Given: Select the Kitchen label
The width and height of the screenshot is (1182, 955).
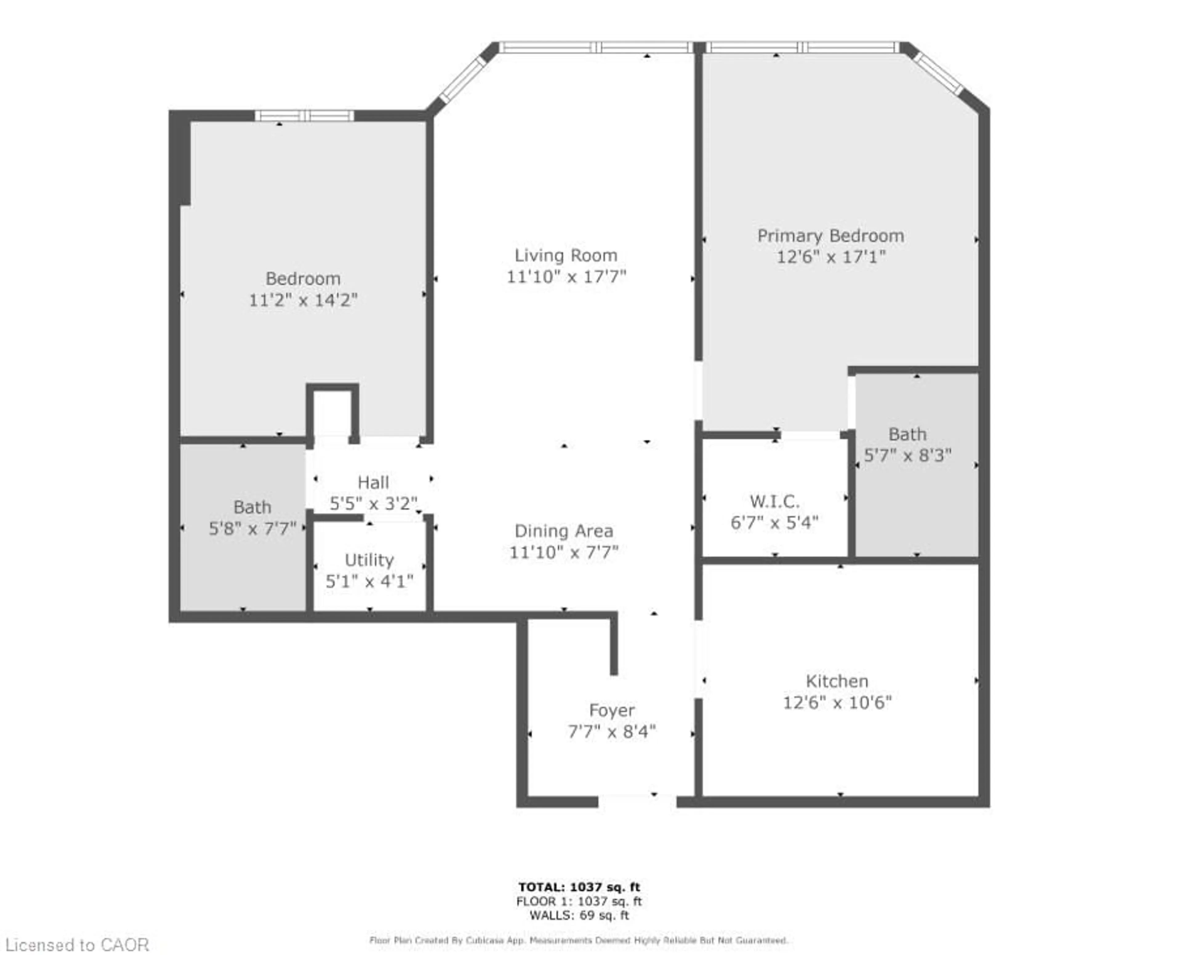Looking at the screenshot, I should click(x=837, y=681).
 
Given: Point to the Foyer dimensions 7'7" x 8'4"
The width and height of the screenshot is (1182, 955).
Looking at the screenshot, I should click(x=612, y=732).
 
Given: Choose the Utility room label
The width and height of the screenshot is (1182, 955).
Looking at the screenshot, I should click(x=369, y=560).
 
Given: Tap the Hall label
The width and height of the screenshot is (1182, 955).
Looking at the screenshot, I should click(x=373, y=482).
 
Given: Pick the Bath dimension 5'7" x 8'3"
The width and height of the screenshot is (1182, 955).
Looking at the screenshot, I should click(x=907, y=456).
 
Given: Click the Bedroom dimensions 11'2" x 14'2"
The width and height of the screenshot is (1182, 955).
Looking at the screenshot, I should click(x=303, y=300).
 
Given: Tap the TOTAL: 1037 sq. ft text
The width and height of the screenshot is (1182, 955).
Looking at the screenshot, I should click(x=579, y=887).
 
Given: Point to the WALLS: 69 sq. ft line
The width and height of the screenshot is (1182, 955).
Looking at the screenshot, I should click(x=579, y=915).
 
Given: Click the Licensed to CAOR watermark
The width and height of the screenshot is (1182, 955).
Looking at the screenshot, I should click(x=77, y=945).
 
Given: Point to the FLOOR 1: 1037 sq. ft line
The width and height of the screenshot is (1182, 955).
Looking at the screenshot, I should click(x=579, y=901).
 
